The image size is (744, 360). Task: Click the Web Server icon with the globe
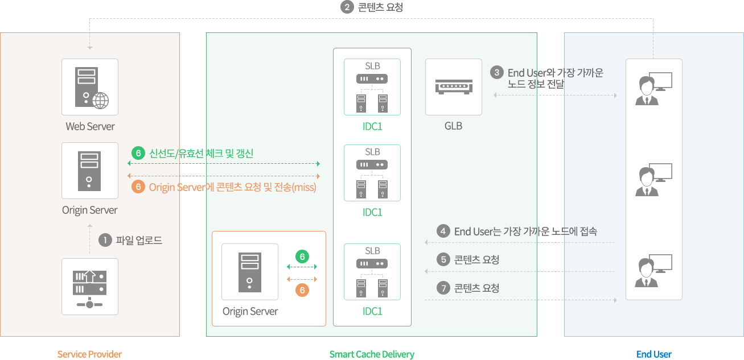[x=90, y=87]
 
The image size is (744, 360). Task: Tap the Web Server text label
[x=90, y=126]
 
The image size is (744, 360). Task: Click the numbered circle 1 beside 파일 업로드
[x=105, y=241]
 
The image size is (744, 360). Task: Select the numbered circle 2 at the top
[x=347, y=7]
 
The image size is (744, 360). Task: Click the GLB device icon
[x=453, y=87]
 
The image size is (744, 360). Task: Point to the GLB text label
[x=453, y=126]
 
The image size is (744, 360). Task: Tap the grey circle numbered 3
[x=497, y=73]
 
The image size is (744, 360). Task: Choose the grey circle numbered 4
[x=443, y=231]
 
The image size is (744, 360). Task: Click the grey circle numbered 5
[x=443, y=260]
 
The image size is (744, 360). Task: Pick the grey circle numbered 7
[x=443, y=288]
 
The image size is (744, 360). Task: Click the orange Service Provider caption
[x=90, y=354]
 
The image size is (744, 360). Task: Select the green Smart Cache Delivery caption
[x=372, y=354]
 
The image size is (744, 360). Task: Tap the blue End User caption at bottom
[x=654, y=354]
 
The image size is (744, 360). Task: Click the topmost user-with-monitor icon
[x=653, y=88]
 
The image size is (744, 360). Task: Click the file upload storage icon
[x=90, y=287]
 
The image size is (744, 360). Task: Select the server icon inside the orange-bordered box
[x=249, y=271]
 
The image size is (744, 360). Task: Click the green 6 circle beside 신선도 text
[x=138, y=153]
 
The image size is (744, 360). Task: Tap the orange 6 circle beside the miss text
[x=138, y=187]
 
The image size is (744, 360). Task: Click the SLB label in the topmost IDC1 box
[x=372, y=66]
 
